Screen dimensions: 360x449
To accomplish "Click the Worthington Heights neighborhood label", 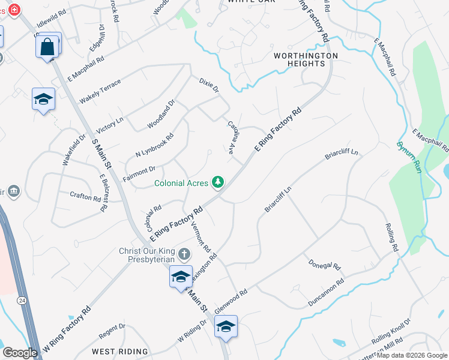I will pos(306,61).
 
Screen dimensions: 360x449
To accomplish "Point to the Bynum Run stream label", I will pos(407,157).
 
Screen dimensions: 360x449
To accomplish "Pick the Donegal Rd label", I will pos(325,264).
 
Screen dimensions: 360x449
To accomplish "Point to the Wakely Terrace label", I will pos(100,91).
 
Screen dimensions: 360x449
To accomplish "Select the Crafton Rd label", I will pos(85,197).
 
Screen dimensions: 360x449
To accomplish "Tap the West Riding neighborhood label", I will pos(119,352).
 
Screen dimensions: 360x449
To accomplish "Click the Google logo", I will pos(20,353).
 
